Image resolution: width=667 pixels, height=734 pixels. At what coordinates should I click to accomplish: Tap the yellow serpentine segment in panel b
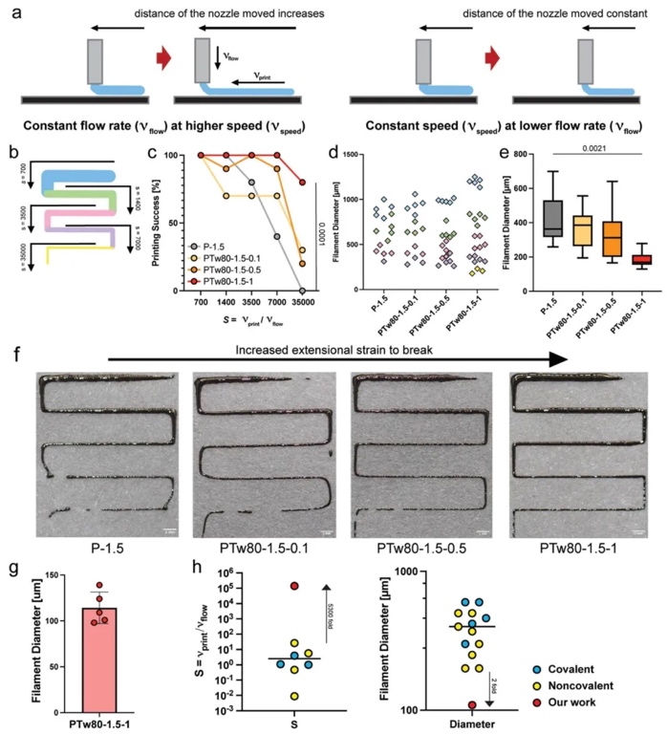click(x=67, y=253)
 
